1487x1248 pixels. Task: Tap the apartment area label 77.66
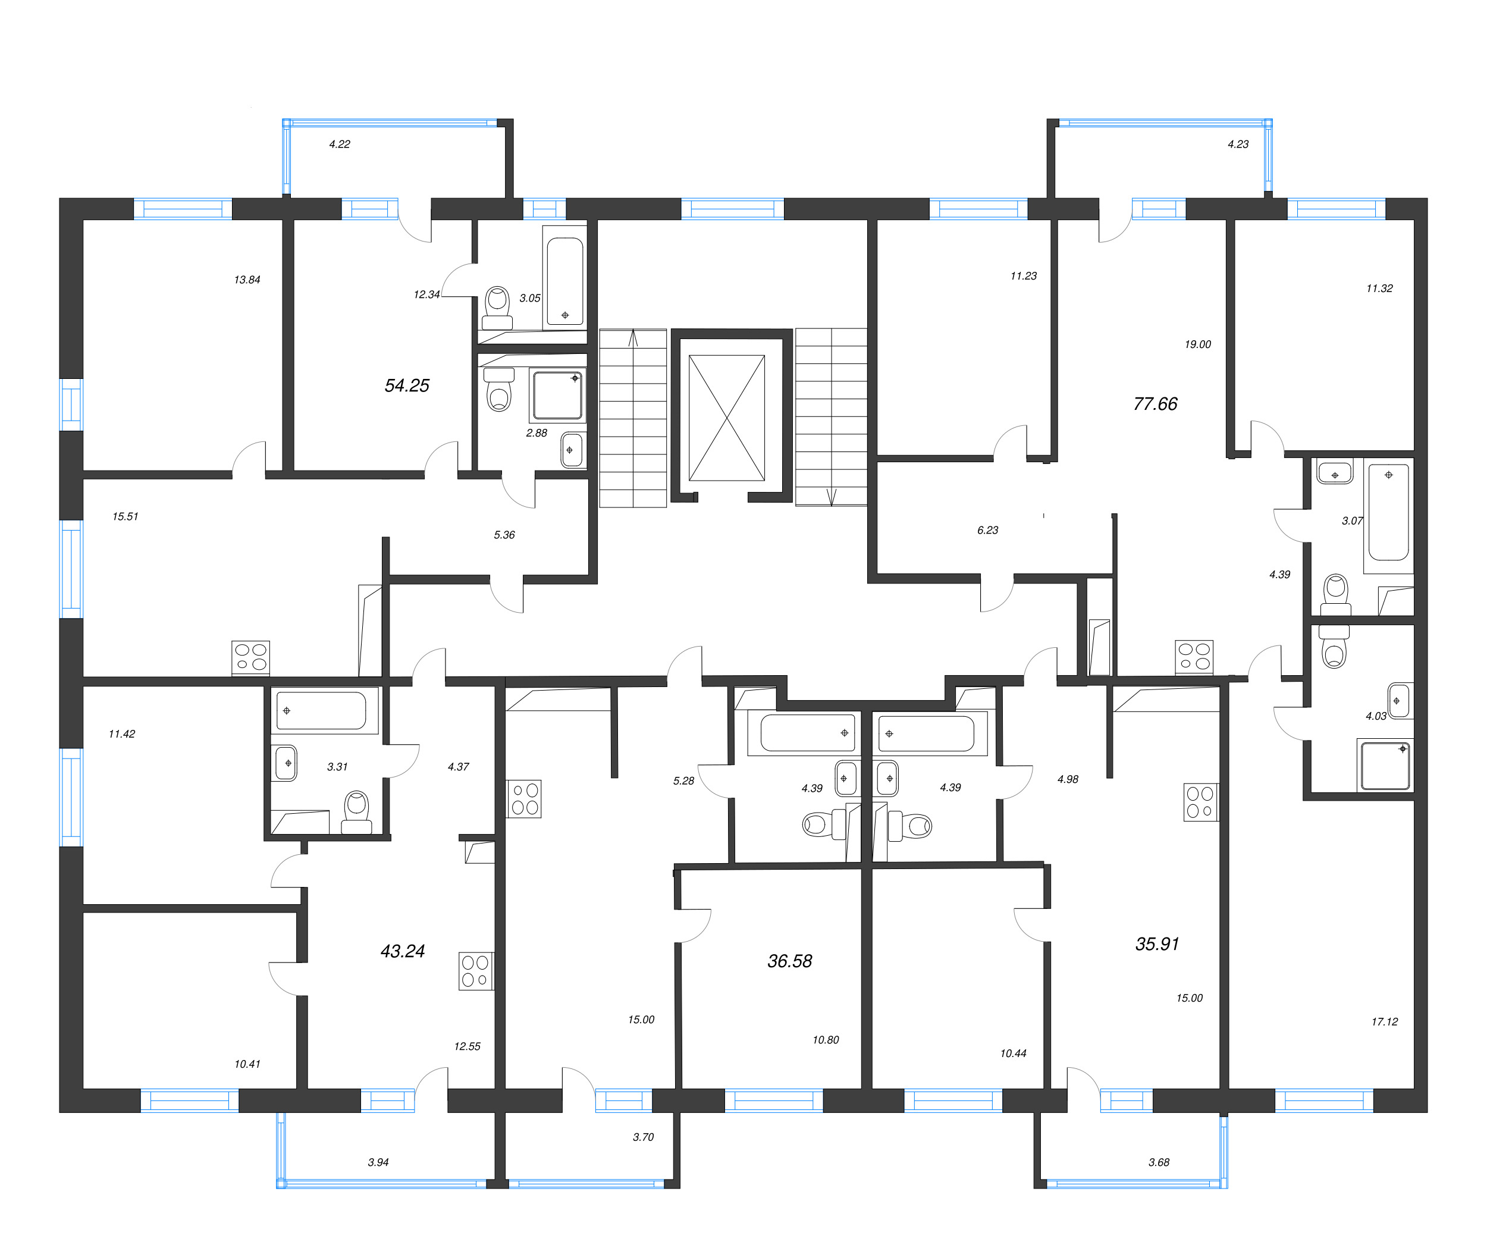[x=1155, y=404]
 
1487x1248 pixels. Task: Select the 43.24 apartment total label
[x=402, y=951]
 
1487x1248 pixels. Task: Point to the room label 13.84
[x=247, y=280]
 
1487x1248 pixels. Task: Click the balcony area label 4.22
[x=339, y=144]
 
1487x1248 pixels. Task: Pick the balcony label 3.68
[x=1159, y=1162]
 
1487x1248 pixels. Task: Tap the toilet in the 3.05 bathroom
[x=498, y=306]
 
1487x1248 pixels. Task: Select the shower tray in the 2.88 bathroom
[x=557, y=395]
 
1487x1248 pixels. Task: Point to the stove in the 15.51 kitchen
[x=250, y=657]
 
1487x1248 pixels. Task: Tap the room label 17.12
[x=1384, y=1021]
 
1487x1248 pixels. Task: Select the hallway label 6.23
[x=987, y=530]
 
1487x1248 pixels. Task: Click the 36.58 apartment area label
[x=789, y=961]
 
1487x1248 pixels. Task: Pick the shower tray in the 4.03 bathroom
[x=1384, y=766]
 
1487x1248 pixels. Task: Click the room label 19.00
[x=1197, y=344]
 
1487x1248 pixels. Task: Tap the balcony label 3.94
[x=378, y=1162]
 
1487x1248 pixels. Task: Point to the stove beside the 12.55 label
[x=475, y=970]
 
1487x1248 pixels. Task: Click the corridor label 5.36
[x=504, y=535]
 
